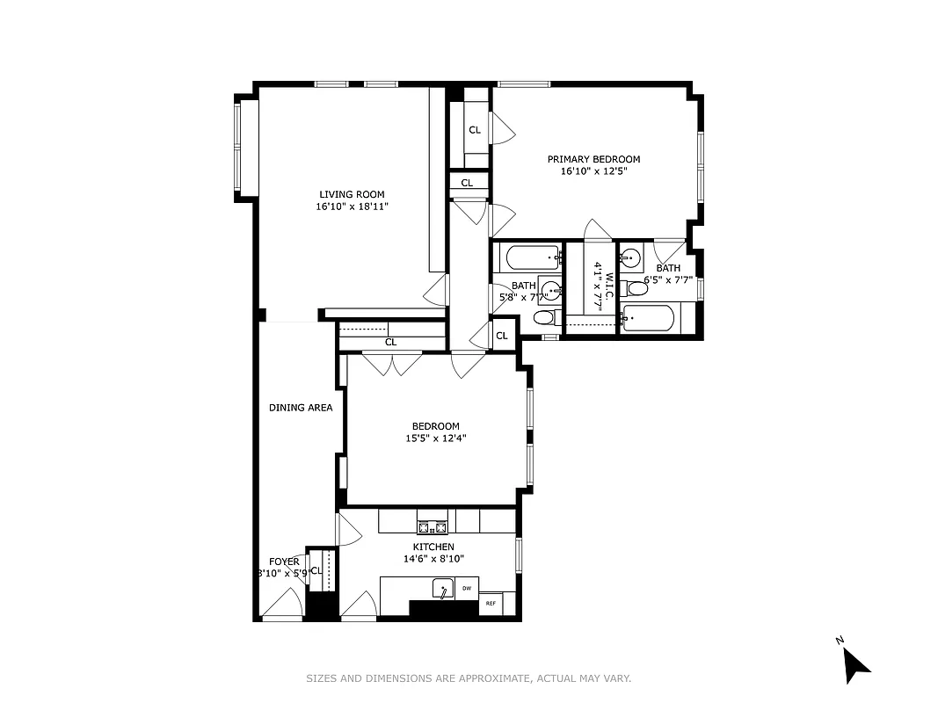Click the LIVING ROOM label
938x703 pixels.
coord(352,195)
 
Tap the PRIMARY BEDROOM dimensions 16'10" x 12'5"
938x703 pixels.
coord(593,171)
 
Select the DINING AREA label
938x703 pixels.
coord(301,408)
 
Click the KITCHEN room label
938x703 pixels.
coord(428,547)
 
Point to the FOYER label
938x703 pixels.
coord(284,562)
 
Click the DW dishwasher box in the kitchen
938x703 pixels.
coord(467,588)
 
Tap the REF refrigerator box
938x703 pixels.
coord(490,604)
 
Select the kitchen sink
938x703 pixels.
coord(442,588)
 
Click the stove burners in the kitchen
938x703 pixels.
coord(432,527)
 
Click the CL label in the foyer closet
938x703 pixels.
coord(316,570)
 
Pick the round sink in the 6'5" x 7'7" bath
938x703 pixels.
coord(630,258)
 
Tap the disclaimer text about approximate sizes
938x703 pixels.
coord(469,678)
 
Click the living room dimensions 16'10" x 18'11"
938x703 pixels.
coord(352,207)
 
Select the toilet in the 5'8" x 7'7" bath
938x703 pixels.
coord(545,317)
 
